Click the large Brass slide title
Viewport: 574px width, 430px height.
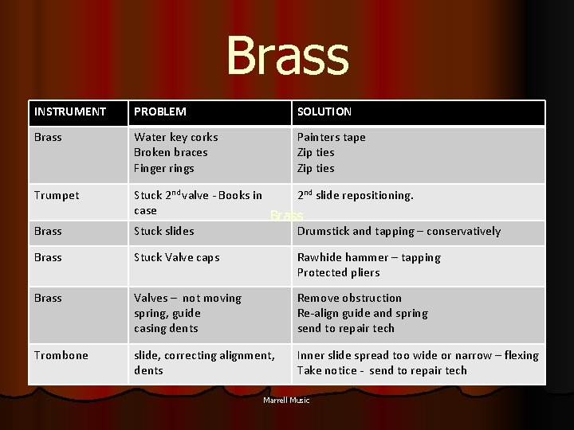click(287, 56)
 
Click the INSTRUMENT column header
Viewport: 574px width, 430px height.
click(70, 111)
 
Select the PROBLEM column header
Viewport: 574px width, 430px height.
click(160, 111)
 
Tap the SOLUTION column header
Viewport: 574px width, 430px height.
click(324, 111)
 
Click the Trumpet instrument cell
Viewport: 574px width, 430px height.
click(57, 195)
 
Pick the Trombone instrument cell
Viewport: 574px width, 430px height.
click(61, 355)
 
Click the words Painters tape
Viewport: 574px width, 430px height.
click(331, 137)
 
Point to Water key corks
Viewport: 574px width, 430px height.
click(175, 137)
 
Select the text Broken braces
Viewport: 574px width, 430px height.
click(171, 152)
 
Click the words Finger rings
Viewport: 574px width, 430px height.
click(164, 168)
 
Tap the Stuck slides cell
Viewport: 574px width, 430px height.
click(164, 231)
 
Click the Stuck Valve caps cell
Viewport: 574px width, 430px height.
click(176, 257)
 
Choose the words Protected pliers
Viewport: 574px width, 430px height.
click(338, 272)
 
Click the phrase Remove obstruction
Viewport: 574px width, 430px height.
click(349, 298)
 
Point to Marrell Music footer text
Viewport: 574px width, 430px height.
click(286, 400)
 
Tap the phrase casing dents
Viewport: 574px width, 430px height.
click(166, 328)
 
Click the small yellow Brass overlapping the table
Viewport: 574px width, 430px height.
click(286, 216)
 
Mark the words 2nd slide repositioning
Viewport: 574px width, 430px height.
click(355, 195)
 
